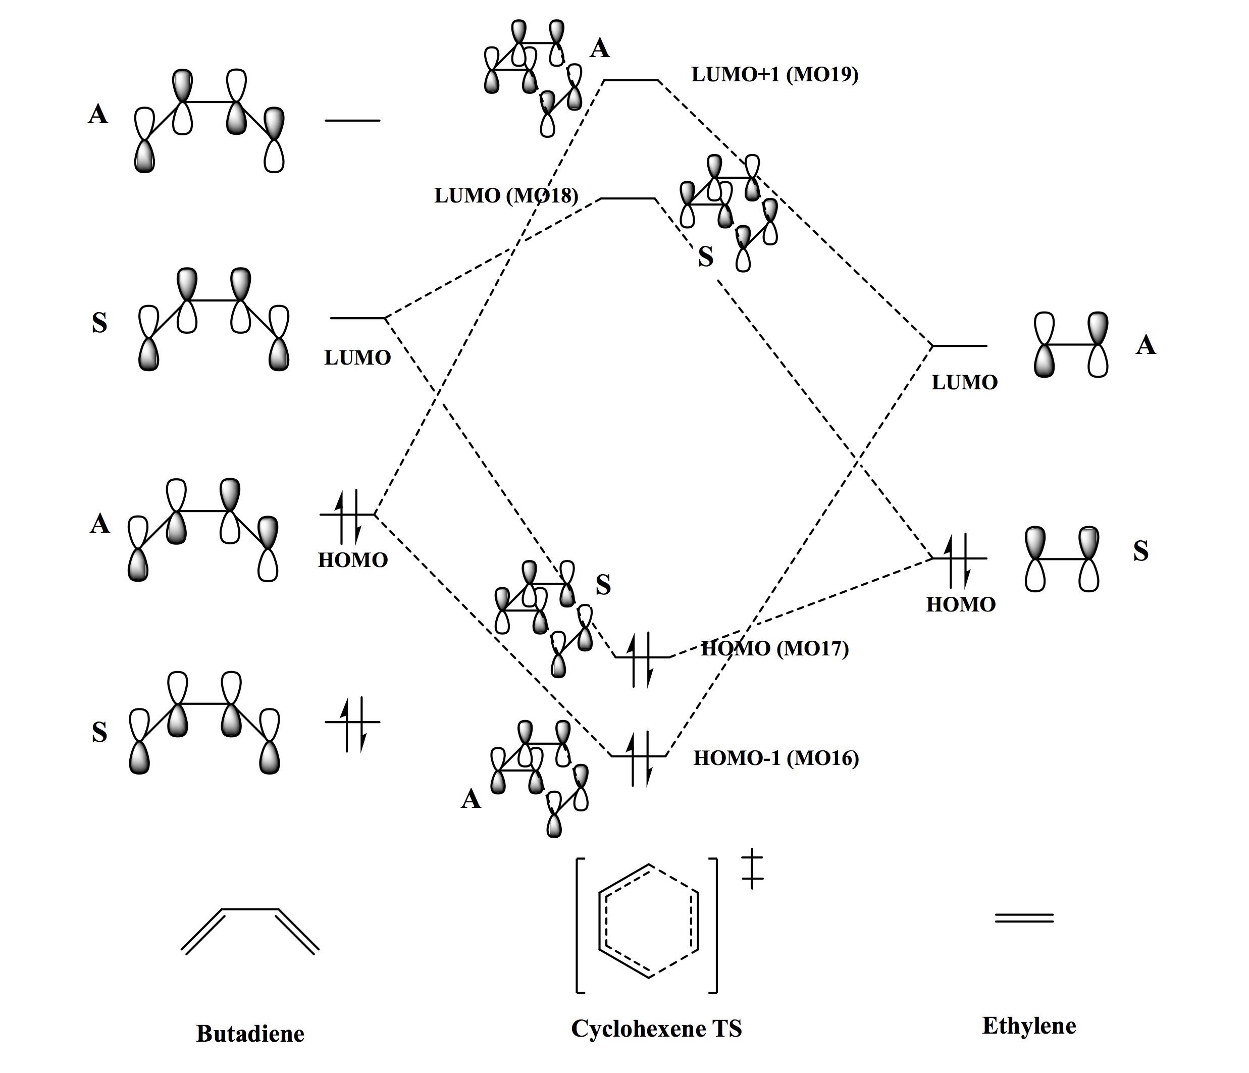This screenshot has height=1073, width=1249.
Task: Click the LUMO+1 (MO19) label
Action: pyautogui.click(x=774, y=75)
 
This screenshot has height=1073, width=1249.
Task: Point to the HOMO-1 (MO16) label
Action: pyautogui.click(x=776, y=758)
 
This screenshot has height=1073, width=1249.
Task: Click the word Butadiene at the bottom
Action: pyautogui.click(x=250, y=1034)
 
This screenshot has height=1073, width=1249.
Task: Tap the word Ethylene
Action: pyautogui.click(x=1029, y=1026)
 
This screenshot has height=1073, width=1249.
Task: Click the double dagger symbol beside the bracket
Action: pyautogui.click(x=752, y=868)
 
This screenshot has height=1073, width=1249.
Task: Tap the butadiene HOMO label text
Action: pyautogui.click(x=352, y=560)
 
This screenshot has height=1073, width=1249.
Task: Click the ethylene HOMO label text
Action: pyautogui.click(x=961, y=604)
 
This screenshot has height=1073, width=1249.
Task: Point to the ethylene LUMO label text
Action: pyautogui.click(x=964, y=382)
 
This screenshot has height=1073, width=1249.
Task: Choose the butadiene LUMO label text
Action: pyautogui.click(x=357, y=357)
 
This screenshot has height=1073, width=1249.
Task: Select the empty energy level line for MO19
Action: pyautogui.click(x=631, y=80)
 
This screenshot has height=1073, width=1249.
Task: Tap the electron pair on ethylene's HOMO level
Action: pyautogui.click(x=958, y=559)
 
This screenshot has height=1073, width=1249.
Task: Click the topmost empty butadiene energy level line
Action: pyautogui.click(x=352, y=121)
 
